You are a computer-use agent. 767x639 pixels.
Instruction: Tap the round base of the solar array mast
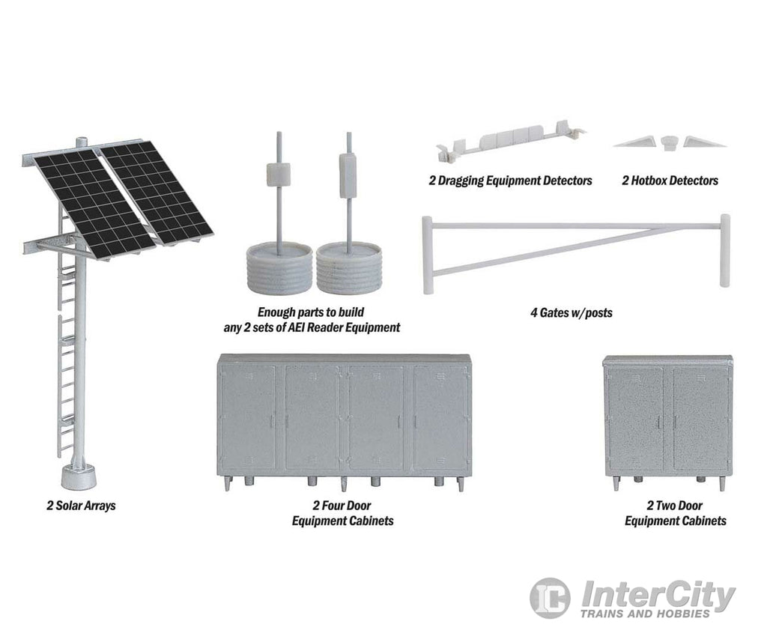pos(78,476)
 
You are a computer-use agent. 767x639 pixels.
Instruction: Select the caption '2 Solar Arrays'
pos(81,506)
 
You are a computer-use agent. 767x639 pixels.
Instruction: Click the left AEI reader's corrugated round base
pos(279,269)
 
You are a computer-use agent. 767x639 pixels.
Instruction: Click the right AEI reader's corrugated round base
pos(349,269)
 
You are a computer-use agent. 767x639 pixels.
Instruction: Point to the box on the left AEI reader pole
pos(279,175)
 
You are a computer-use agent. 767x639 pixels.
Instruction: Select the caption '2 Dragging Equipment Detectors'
pos(510,181)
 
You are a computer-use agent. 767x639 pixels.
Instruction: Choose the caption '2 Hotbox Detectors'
pos(670,181)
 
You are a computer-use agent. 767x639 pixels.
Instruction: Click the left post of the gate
pos(428,255)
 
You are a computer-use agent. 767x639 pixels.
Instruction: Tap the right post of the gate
pos(725,250)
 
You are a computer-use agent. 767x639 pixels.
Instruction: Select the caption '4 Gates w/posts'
pos(572,312)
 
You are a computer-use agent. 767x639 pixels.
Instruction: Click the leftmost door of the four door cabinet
pos(248,417)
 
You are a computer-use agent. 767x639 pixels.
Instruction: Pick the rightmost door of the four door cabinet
pos(440,417)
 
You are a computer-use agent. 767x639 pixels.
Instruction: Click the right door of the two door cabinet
pos(700,420)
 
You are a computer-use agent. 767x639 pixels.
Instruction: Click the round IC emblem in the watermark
pos(550,598)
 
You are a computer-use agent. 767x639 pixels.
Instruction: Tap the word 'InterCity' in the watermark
pos(658,594)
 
